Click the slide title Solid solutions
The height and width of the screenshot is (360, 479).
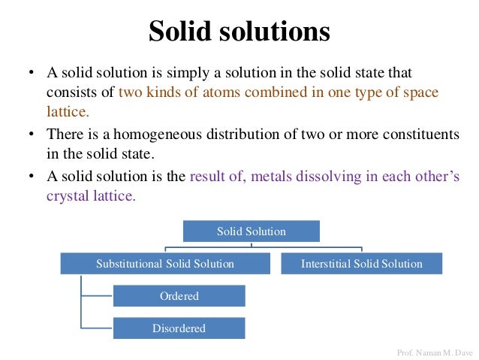[x=239, y=32]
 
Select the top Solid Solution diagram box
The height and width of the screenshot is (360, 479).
[x=251, y=231]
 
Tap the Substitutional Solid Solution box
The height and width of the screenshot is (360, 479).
[x=165, y=264]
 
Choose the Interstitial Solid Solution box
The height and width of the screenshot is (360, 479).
[x=361, y=264]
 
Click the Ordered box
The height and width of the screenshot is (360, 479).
[x=179, y=296]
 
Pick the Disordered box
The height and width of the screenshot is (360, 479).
[x=179, y=328]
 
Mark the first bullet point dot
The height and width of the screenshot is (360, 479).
[x=31, y=74]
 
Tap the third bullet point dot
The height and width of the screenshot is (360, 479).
[x=31, y=177]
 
